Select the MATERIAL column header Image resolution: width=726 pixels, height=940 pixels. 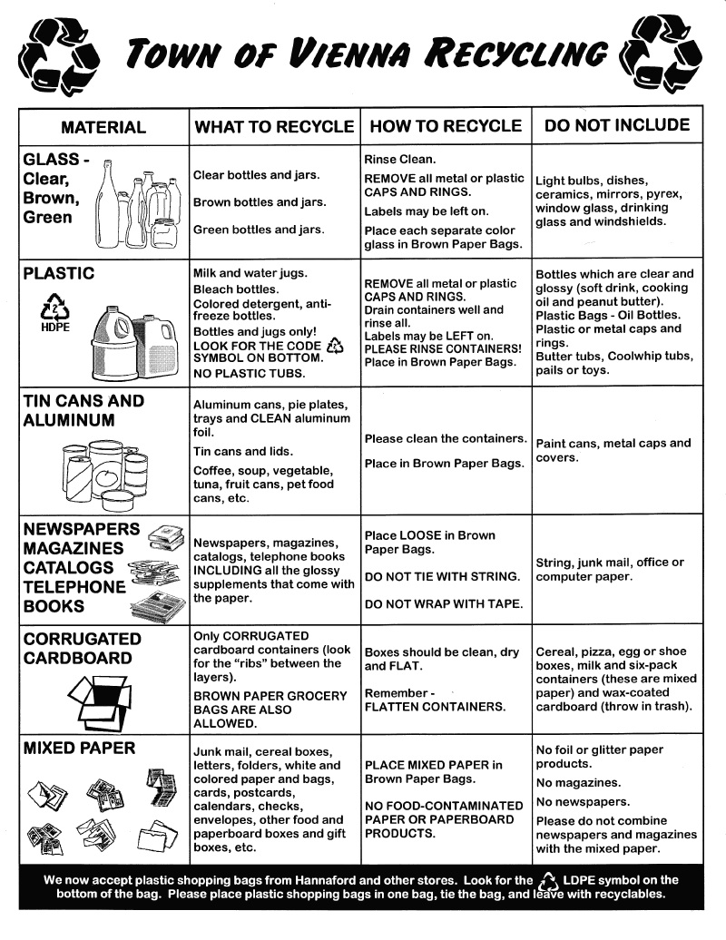point(103,127)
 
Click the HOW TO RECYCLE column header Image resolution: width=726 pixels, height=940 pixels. point(446,126)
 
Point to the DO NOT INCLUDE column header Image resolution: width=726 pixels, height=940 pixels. point(616,125)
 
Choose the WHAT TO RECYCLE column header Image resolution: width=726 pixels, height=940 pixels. point(273,127)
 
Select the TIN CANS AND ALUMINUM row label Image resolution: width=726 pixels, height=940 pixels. point(83,410)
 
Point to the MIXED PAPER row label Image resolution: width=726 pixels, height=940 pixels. point(79,749)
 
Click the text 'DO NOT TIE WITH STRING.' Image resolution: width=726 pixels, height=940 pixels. point(442,577)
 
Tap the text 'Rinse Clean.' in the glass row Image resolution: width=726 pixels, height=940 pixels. point(400,158)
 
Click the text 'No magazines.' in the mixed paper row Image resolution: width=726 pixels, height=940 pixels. point(578,782)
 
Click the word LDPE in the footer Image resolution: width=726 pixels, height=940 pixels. point(583,880)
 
